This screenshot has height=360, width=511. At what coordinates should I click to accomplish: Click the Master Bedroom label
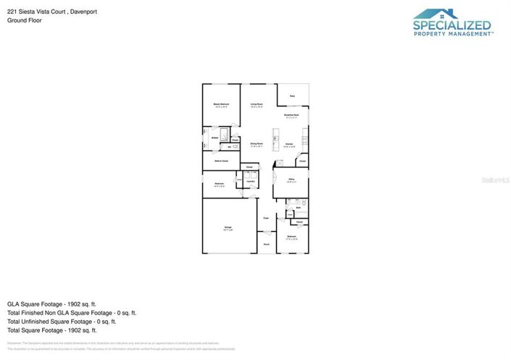click(x=221, y=105)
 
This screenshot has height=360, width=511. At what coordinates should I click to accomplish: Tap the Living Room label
click(x=257, y=105)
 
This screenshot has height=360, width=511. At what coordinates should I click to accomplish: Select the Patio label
click(x=292, y=96)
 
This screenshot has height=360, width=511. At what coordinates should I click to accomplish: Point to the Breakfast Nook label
click(x=292, y=116)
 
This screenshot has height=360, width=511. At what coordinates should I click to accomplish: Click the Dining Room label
click(x=257, y=145)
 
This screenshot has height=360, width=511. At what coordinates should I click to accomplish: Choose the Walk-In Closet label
click(x=221, y=160)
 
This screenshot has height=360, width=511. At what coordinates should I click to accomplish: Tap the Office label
click(x=291, y=180)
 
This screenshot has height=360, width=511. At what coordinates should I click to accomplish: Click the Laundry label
click(x=249, y=182)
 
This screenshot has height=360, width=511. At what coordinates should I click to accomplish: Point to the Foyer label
click(x=266, y=217)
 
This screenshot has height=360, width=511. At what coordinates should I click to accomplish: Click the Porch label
click(x=266, y=244)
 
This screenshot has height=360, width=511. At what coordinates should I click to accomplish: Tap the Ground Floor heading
click(x=25, y=20)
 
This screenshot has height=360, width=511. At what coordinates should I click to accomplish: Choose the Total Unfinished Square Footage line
click(x=62, y=321)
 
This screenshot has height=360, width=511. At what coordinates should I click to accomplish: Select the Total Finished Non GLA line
click(x=71, y=313)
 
